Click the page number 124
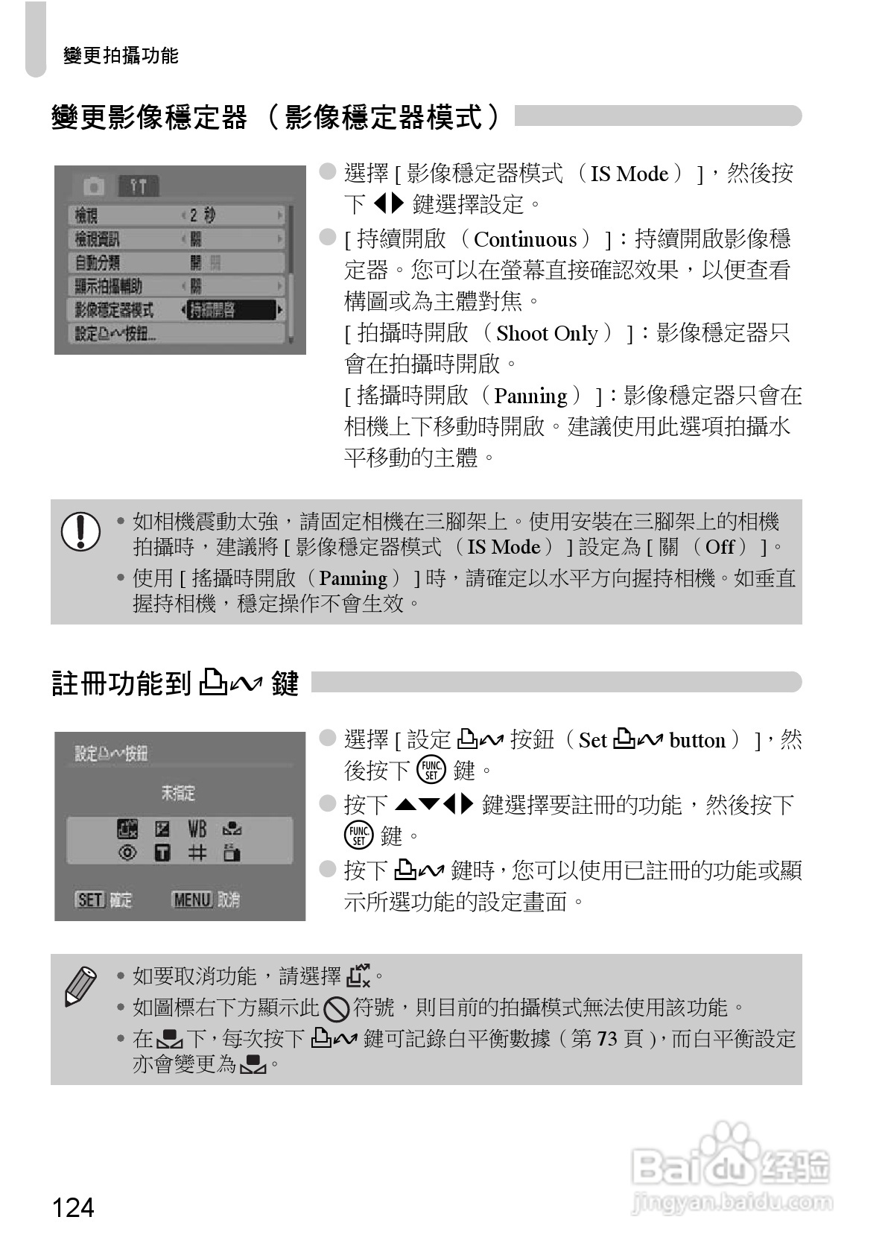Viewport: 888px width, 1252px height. pos(73,1207)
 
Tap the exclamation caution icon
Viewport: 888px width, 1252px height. pos(80,531)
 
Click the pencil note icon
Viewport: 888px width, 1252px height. pos(80,985)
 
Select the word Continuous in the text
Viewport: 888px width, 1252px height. pos(525,240)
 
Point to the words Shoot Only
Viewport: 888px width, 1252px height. pos(547,333)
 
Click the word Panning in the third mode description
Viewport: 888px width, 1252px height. pos(530,396)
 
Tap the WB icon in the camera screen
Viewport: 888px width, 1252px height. pos(197,829)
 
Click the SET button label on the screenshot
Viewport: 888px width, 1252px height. pos(89,900)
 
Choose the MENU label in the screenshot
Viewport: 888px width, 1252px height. pos(192,900)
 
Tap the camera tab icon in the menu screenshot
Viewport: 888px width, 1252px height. pos(94,185)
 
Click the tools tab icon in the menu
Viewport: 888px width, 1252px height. pos(139,185)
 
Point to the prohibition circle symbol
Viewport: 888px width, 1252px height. pos(337,1009)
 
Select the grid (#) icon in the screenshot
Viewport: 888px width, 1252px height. pos(197,853)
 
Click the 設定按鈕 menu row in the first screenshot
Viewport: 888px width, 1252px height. pos(115,333)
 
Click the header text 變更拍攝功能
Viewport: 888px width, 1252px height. pos(121,56)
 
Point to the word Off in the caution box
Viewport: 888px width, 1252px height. pos(720,547)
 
